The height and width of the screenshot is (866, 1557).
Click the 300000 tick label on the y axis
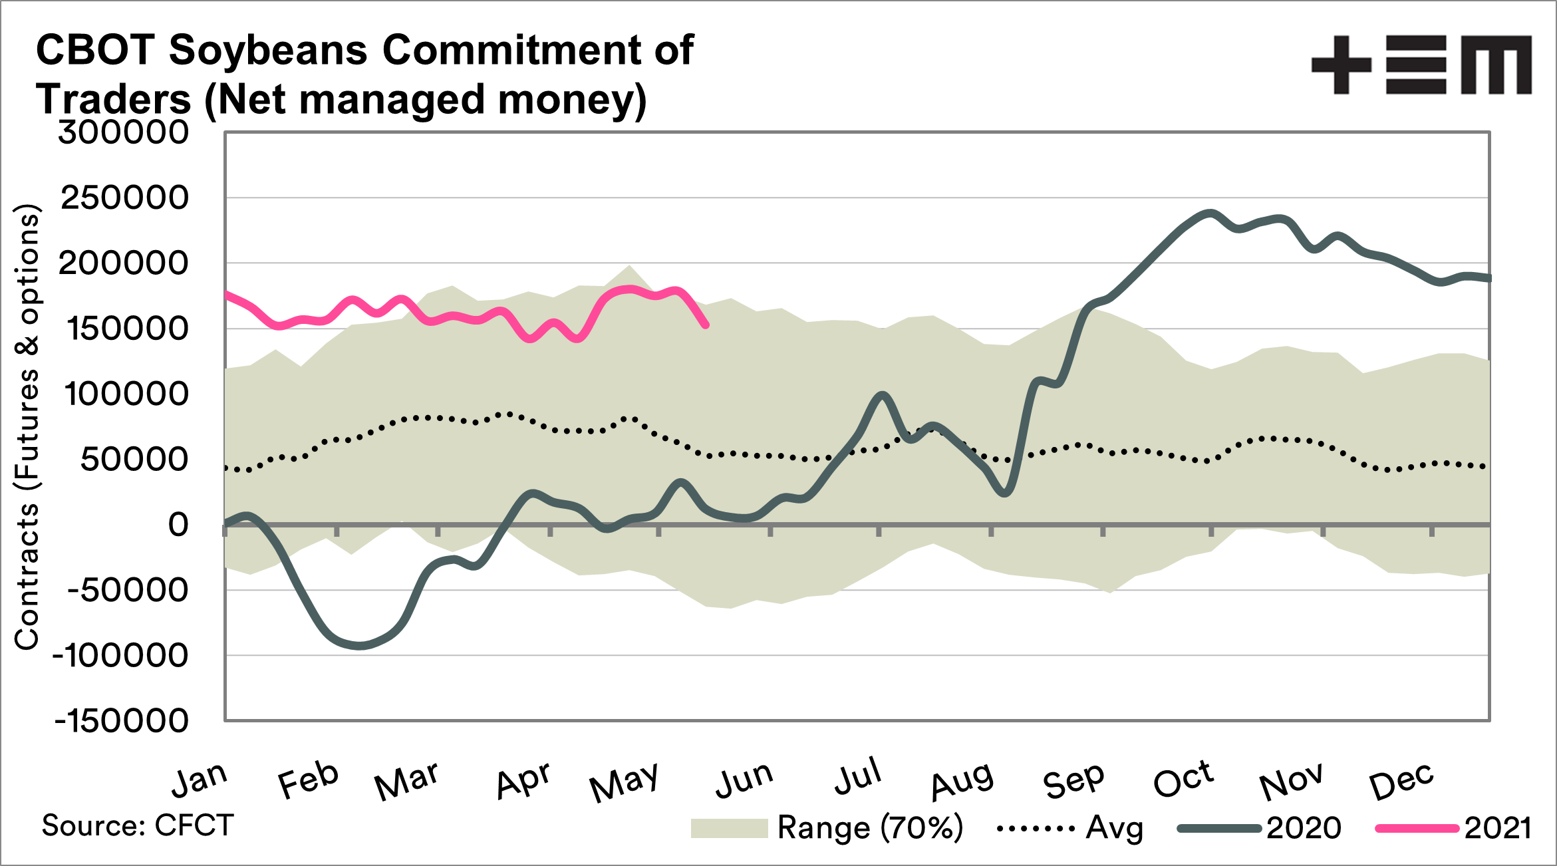coord(124,132)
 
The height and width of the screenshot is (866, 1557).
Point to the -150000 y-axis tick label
coord(122,720)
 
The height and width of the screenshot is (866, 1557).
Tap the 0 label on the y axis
coord(178,525)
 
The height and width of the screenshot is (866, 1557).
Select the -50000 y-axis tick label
coord(128,590)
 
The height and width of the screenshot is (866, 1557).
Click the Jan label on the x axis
coord(200,779)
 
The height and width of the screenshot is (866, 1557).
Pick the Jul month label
coord(858,776)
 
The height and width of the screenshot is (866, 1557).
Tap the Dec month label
coord(1401,782)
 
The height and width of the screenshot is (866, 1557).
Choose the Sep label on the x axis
coord(1073,780)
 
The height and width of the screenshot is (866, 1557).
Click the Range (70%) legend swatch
coord(729,828)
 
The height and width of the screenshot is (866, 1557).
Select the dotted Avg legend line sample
coord(1036,829)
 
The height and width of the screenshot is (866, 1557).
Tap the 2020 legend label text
coord(1304,828)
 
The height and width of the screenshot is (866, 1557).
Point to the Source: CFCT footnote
coord(138,825)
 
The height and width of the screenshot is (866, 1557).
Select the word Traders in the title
coord(114,100)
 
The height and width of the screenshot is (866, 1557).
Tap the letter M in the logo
coord(1496,65)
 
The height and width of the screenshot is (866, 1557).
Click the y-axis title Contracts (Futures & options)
coord(27,426)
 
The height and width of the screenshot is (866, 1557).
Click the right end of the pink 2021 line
coord(706,325)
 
